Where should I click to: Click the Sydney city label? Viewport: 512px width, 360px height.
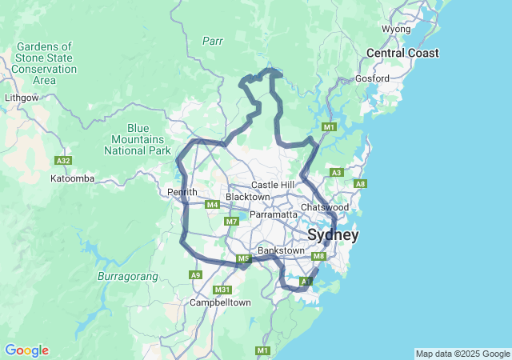point(333,235)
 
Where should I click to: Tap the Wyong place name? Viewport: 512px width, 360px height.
point(396,29)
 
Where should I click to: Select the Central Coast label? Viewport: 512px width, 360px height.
point(402,53)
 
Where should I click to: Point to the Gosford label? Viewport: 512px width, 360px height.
point(374,78)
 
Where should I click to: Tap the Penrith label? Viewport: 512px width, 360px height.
point(182,192)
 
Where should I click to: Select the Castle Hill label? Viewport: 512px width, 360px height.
point(273,185)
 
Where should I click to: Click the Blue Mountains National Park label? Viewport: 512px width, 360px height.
point(138,139)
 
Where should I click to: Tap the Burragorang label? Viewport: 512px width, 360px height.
point(122,276)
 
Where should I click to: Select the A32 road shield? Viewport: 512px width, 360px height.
point(63,161)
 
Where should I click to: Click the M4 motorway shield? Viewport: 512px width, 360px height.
point(212,205)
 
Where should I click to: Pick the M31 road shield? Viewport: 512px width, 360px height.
point(224,290)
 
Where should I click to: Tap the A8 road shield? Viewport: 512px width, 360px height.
point(360,184)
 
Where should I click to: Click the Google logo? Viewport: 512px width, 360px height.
point(26,350)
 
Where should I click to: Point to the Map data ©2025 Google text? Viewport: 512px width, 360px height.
point(462,354)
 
